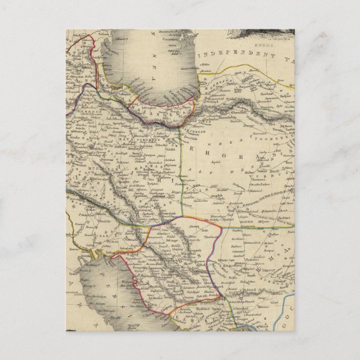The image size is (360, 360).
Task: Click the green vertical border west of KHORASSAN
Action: [180, 168]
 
